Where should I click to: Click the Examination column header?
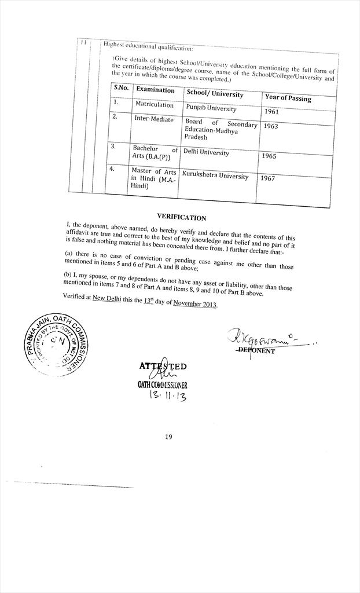pos(155,90)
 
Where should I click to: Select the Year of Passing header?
pos(288,98)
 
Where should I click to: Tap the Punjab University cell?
pos(211,108)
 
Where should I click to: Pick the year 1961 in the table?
pos(271,112)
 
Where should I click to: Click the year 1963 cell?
pos(270,126)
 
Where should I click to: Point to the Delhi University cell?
pos(206,153)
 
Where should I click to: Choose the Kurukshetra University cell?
pos(215,175)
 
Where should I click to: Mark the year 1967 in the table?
pos(267,178)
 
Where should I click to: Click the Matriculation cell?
pos(154,105)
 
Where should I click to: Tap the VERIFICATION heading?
pos(181,218)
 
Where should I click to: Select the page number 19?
pos(168,437)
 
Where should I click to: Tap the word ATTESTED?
pos(163,366)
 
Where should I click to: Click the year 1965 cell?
pos(269,156)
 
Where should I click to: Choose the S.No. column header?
pos(120,87)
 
